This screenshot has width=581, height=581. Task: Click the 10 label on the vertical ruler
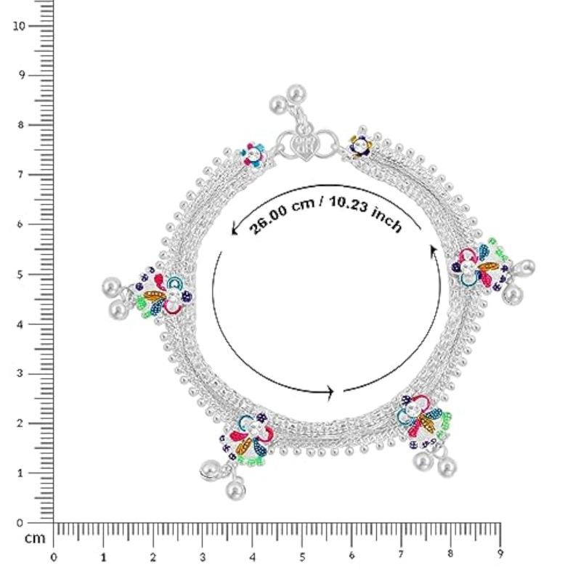pos(20,26)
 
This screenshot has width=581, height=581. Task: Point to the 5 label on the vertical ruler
pos(20,275)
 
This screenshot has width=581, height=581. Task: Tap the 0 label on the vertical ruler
pos(20,523)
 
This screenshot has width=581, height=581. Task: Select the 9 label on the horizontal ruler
pos(500,554)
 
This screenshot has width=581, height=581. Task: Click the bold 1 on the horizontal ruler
pos(103,557)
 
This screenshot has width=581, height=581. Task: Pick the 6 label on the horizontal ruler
pos(352,556)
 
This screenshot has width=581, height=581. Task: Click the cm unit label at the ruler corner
pos(35,538)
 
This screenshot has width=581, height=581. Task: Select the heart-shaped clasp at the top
pos(304,145)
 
